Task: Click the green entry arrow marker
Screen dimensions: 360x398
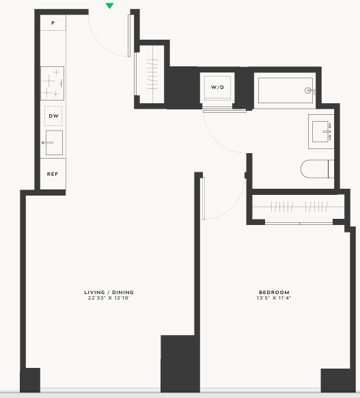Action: pos(109,6)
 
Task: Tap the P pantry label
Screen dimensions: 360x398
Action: pos(53,23)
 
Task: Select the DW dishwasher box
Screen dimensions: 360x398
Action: pos(53,116)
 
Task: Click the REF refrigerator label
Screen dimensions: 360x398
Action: pos(53,174)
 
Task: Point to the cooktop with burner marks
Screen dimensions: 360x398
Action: pos(52,83)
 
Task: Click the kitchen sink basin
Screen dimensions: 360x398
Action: pos(54,143)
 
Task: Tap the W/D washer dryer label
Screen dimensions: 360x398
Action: pos(217,88)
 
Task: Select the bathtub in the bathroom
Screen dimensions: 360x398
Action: pos(286,90)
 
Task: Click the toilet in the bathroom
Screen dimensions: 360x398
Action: pos(317,169)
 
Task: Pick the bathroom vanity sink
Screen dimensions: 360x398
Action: pos(321,131)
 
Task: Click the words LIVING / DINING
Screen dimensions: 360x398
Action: pos(109,292)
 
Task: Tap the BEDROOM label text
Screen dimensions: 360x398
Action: pos(274,292)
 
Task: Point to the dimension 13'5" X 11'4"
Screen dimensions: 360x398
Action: pos(274,297)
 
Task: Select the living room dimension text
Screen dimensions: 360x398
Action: pos(109,297)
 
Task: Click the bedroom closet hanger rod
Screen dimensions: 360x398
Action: pos(299,207)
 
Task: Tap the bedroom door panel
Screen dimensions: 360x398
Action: pos(204,198)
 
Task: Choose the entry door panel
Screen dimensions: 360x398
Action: pos(129,36)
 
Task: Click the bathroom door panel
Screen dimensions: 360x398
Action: pos(225,111)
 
